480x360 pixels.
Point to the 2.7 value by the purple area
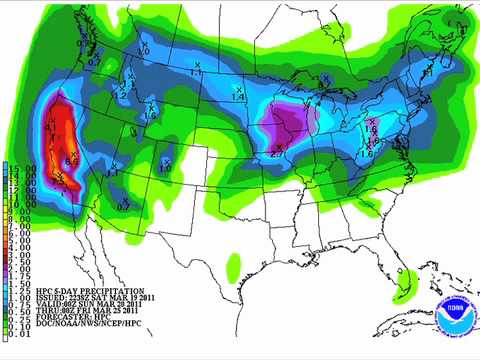coord(274,153)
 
